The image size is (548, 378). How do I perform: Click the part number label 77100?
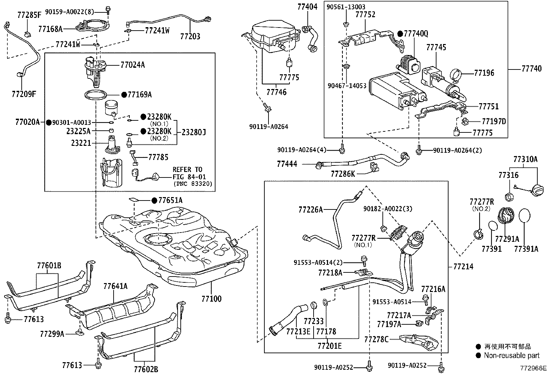(x=211, y=299)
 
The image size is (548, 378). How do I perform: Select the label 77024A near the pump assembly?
(x=133, y=65)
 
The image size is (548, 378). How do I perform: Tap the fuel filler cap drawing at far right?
(x=537, y=190)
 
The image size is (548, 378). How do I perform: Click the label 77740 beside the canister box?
(x=531, y=69)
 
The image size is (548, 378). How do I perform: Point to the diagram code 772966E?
(x=533, y=368)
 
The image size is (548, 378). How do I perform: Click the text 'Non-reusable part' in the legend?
(x=512, y=356)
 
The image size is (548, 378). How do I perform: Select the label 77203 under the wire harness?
(x=190, y=37)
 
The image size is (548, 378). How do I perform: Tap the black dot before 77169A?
(x=124, y=95)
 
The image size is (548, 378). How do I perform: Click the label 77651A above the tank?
(x=170, y=201)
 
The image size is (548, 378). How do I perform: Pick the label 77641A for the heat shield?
(x=115, y=286)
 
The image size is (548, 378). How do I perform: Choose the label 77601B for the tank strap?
(x=49, y=266)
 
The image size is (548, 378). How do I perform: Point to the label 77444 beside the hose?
(x=287, y=164)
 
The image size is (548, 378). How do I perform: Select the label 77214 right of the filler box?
(x=463, y=267)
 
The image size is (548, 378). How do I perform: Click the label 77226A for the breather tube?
(x=311, y=210)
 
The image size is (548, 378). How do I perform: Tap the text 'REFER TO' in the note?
(x=187, y=170)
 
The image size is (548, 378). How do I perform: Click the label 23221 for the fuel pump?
(x=81, y=143)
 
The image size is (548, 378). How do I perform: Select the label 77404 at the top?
(x=307, y=7)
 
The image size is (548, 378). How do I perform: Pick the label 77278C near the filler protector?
(x=376, y=339)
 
